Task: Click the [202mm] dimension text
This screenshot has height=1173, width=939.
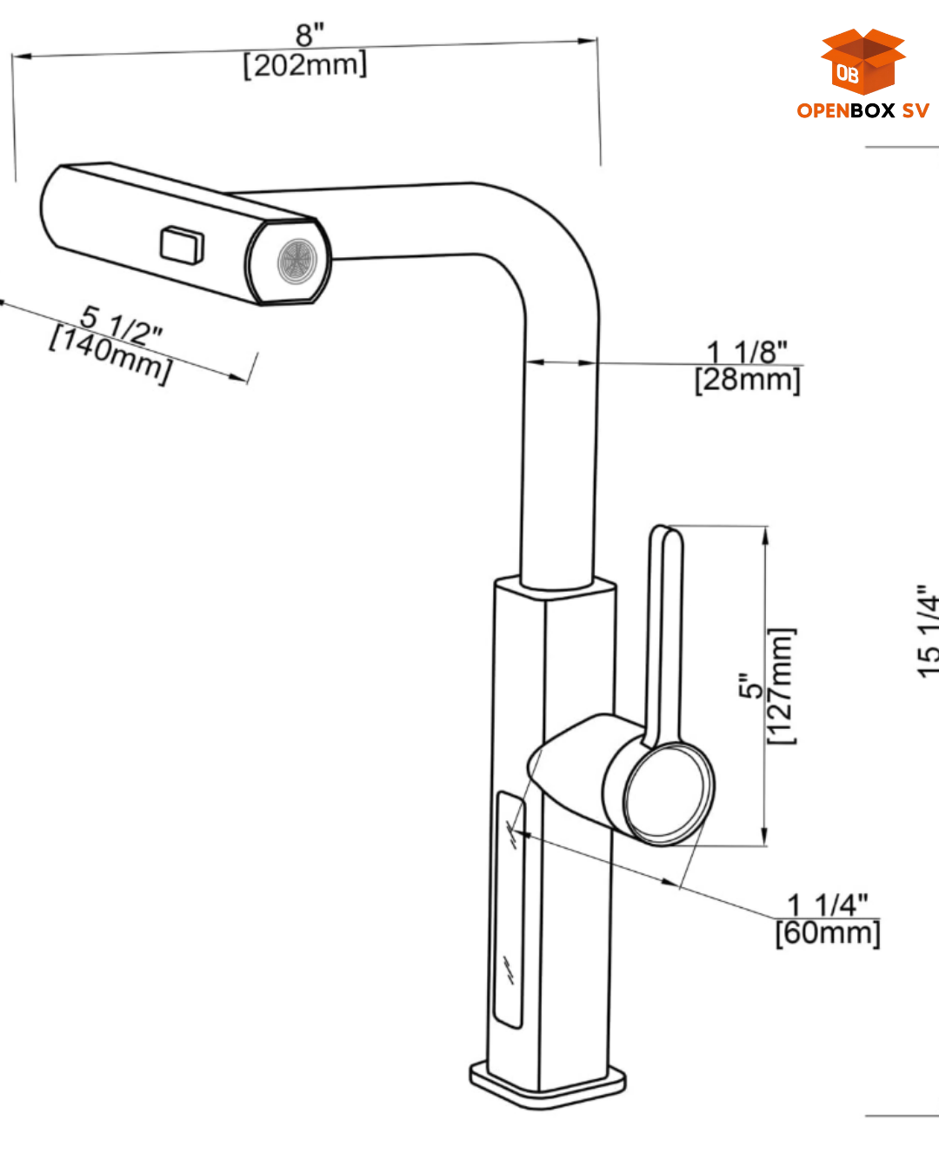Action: point(305,65)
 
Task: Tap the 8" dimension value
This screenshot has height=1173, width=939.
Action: point(310,35)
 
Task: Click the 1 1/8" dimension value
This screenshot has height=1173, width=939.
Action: point(747,352)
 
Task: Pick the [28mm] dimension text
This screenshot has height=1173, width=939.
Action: point(747,380)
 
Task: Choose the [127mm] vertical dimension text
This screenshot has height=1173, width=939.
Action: point(781,686)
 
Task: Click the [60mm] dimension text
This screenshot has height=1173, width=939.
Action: point(828,933)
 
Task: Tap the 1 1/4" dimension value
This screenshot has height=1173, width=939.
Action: point(828,905)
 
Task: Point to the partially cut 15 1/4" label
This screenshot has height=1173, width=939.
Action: point(928,630)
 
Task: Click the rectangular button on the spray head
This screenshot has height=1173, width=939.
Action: point(182,244)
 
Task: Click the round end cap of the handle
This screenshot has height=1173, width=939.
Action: point(668,792)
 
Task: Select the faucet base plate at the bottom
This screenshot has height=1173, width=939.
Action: point(548,1085)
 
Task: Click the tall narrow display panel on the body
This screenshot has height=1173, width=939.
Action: point(509,908)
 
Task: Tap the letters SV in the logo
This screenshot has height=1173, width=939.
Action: point(915,110)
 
